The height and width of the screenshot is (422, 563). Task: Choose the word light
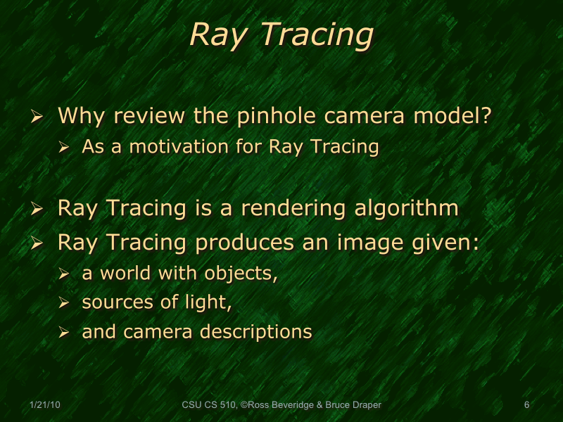tap(213, 302)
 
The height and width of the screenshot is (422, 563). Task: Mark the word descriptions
tap(255, 332)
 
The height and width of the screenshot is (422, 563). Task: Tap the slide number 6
tap(526, 405)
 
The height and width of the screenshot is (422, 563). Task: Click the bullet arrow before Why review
tap(39, 116)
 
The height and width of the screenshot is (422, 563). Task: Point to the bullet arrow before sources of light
tap(64, 303)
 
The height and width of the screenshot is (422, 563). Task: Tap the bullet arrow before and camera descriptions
tap(64, 333)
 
